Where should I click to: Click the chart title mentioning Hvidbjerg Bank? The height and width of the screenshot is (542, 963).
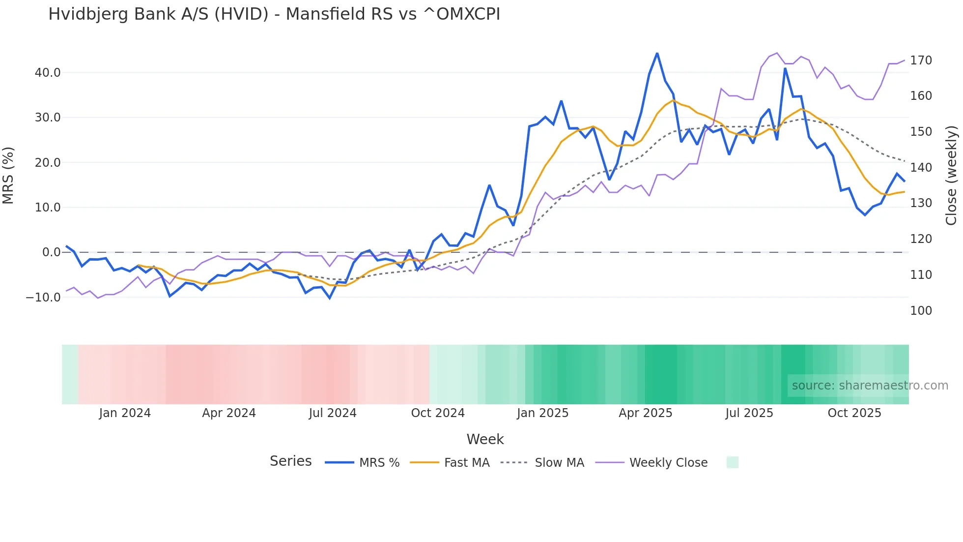coord(274,14)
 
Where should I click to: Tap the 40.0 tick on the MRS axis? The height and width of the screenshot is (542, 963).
coord(48,73)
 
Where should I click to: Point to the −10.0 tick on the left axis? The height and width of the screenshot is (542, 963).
coord(43,298)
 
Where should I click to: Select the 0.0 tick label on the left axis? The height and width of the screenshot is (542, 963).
coord(51,252)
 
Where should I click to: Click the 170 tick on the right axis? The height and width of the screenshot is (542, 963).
coord(921,60)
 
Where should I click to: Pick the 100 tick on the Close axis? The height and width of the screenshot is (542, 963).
coord(921,311)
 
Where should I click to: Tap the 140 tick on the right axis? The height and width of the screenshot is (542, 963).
coord(921,168)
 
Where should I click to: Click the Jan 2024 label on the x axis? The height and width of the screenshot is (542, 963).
coord(125,413)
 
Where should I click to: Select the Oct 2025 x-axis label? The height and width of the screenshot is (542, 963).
coord(854,413)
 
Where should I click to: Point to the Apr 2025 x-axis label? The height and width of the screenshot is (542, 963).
coord(645,413)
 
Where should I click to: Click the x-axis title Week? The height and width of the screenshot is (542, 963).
coord(485,439)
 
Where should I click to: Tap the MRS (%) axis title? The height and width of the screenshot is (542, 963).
coord(8,175)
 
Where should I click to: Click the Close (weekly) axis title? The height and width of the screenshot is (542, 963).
coord(951,175)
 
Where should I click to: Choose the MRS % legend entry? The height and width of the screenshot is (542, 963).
coord(363,463)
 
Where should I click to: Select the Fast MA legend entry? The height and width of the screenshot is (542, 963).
coord(450,463)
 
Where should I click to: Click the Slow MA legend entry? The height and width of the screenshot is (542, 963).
coord(542,463)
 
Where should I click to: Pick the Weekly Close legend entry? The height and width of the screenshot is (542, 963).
coord(651,463)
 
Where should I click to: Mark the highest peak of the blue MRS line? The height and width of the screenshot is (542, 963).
coord(657,54)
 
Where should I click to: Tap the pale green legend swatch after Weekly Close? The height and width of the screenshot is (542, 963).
coord(732,463)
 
